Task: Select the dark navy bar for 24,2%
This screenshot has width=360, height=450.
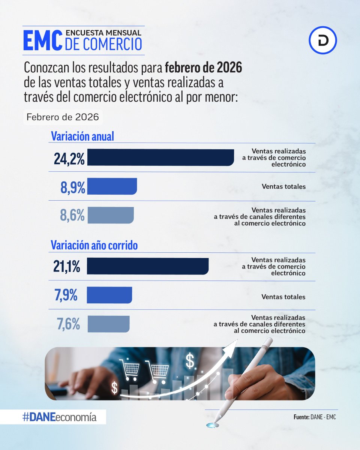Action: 160,157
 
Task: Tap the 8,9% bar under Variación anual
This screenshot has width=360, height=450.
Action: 112,186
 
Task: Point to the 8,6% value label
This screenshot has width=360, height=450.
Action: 72,216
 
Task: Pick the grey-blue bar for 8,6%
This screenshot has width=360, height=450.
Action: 110,215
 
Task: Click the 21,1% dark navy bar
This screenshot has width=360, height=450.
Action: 147,266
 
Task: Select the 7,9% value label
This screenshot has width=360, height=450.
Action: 66,295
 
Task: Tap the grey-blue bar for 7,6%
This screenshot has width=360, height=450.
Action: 108,324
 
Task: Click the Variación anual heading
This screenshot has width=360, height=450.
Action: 82,136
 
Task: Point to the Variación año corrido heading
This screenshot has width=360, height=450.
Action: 94,246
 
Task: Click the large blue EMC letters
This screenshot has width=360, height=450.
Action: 42,40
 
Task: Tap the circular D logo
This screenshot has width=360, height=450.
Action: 323,40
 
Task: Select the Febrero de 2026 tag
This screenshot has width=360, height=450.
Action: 63,117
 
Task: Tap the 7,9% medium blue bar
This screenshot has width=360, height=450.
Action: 109,295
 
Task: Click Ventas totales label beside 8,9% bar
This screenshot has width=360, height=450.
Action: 283,186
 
